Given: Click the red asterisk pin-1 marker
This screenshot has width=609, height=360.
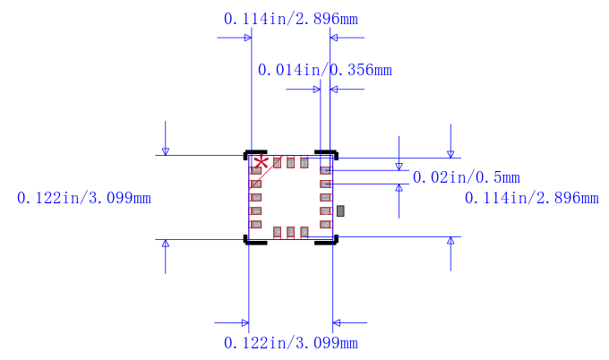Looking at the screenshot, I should point(261,163).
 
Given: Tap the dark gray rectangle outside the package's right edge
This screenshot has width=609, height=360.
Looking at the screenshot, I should point(340,210).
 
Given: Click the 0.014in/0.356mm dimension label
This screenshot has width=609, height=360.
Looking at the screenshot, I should point(324,70).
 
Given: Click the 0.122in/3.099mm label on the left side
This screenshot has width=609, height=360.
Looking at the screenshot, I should point(84,198).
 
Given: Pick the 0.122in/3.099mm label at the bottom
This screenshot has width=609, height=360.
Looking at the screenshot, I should point(290,343).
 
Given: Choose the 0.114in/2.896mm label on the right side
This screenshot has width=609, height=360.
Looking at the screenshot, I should point(531,198).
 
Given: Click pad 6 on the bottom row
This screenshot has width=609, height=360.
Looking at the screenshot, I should point(278,232).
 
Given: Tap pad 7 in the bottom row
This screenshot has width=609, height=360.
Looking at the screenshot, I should point(291,232).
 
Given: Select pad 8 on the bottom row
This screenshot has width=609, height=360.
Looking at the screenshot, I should point(304,232).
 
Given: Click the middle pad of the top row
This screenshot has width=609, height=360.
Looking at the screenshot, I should point(291,163).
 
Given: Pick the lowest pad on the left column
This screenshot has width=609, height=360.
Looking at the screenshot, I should point(255,224).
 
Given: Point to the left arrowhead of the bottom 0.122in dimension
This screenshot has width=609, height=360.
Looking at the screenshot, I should point(244,322).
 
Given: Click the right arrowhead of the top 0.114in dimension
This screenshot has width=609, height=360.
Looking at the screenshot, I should point(336,38).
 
